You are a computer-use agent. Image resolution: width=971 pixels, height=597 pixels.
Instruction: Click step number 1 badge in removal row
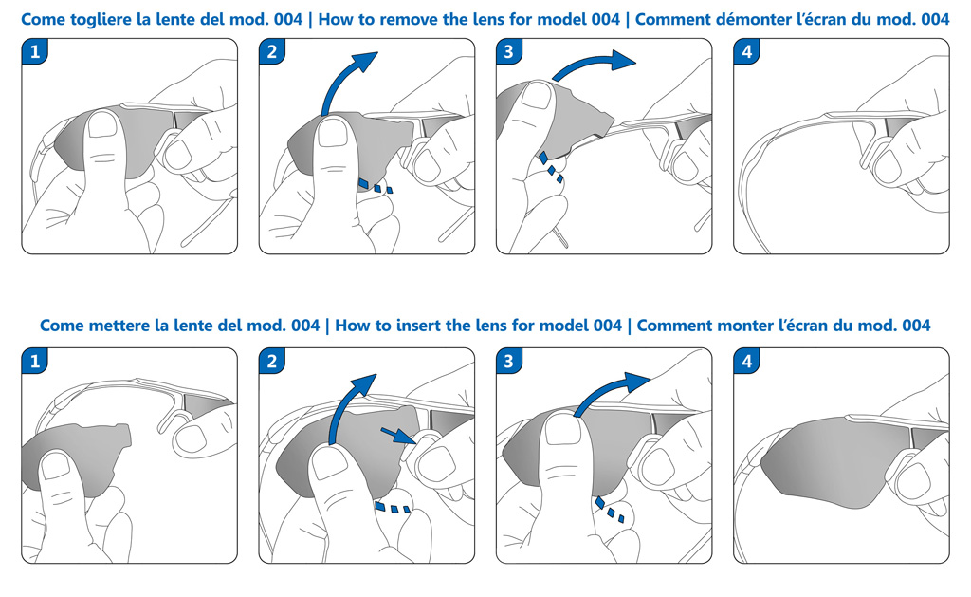35,52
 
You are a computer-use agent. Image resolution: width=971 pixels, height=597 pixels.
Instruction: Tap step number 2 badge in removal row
272,52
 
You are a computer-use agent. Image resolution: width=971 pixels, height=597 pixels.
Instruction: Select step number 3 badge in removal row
509,52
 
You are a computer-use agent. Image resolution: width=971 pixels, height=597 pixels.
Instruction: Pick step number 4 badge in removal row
747,52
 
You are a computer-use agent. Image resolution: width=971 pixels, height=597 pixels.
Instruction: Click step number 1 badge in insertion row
35,362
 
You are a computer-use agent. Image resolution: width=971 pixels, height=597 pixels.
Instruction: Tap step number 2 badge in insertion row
272,362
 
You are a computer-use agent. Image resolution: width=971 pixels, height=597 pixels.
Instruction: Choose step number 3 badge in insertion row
509,362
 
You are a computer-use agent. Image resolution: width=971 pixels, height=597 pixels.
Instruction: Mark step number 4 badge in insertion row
747,362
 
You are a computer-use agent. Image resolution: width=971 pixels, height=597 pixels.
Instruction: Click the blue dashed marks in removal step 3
550,166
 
